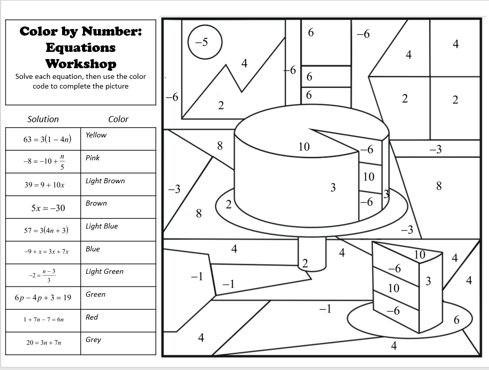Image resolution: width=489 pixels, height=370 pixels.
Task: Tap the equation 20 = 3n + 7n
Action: coord(44,343)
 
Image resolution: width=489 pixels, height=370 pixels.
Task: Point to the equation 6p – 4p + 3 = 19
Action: coord(43,297)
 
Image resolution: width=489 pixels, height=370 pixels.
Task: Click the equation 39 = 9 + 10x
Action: coord(44,185)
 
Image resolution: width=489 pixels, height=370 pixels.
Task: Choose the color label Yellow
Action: coord(96,135)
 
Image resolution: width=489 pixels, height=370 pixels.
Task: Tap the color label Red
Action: coord(92,317)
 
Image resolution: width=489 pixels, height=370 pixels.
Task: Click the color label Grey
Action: coord(93,339)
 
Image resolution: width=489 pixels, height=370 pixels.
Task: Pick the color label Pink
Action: coord(93,158)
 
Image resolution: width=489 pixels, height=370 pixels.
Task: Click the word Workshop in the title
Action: coord(80,64)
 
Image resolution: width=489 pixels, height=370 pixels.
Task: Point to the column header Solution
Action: coord(43,119)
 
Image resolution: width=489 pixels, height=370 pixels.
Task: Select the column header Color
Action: coord(118,119)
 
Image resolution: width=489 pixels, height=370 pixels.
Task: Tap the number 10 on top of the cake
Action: coord(304,147)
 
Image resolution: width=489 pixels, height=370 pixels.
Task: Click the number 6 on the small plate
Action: coord(456,320)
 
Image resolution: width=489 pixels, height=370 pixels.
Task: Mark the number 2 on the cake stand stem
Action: coord(305,263)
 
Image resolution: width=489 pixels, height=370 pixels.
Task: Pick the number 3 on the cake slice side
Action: coord(428,281)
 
